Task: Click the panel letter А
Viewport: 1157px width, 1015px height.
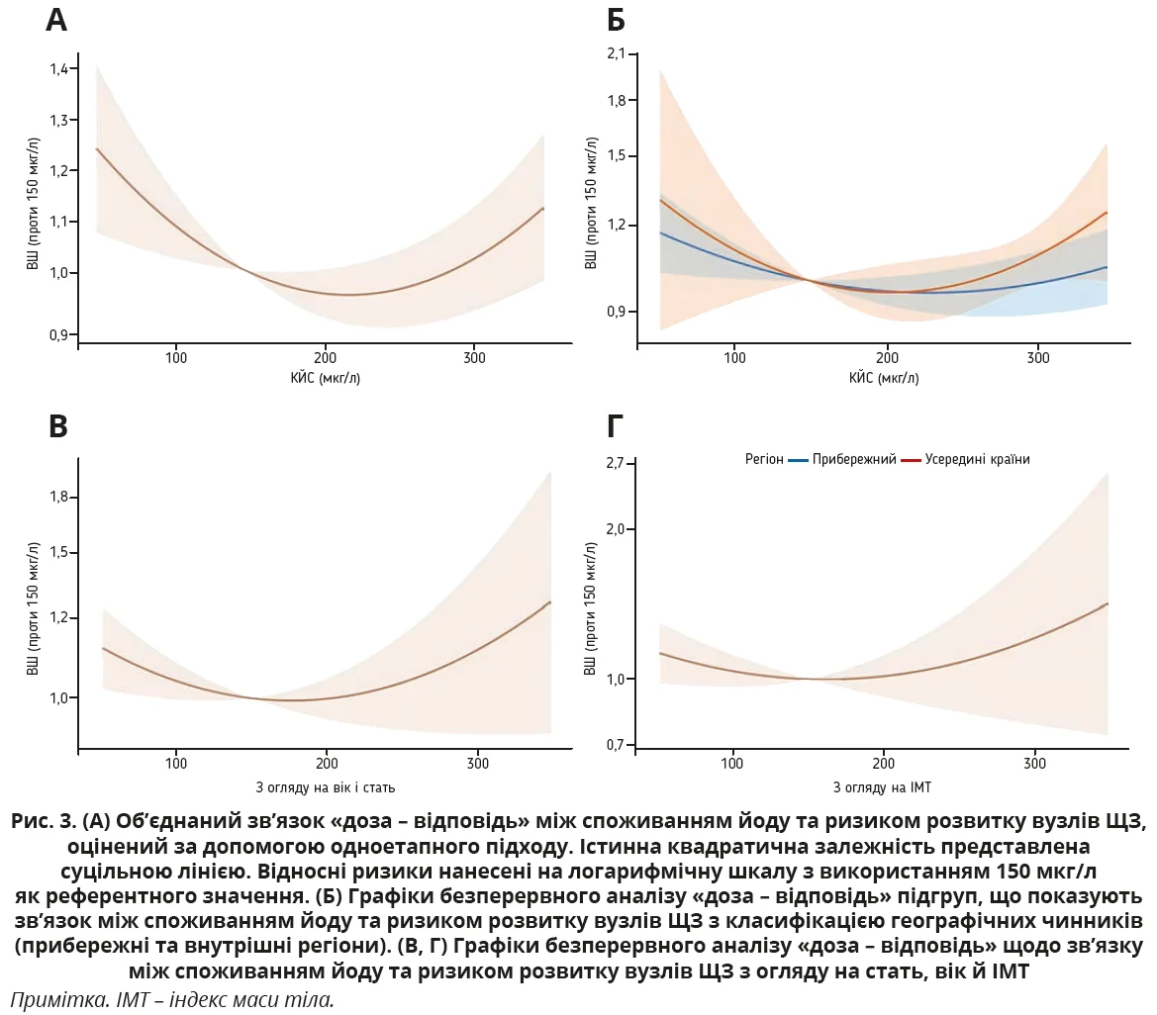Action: (x=56, y=20)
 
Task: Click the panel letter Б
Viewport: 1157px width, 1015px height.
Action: (x=616, y=20)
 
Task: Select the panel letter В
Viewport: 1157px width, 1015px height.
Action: (x=58, y=426)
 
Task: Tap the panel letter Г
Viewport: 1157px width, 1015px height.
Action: (x=614, y=426)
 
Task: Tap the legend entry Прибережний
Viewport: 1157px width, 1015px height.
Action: (x=853, y=459)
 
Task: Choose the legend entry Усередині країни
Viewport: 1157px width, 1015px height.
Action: (x=977, y=459)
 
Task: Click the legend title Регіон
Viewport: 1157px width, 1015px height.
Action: (x=764, y=459)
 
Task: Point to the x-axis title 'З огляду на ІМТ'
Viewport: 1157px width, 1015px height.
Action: (x=882, y=787)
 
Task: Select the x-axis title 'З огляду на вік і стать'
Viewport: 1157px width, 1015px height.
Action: (x=326, y=787)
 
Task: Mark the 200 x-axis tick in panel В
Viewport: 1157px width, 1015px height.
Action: (x=327, y=764)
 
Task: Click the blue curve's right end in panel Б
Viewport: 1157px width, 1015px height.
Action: (x=1106, y=267)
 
